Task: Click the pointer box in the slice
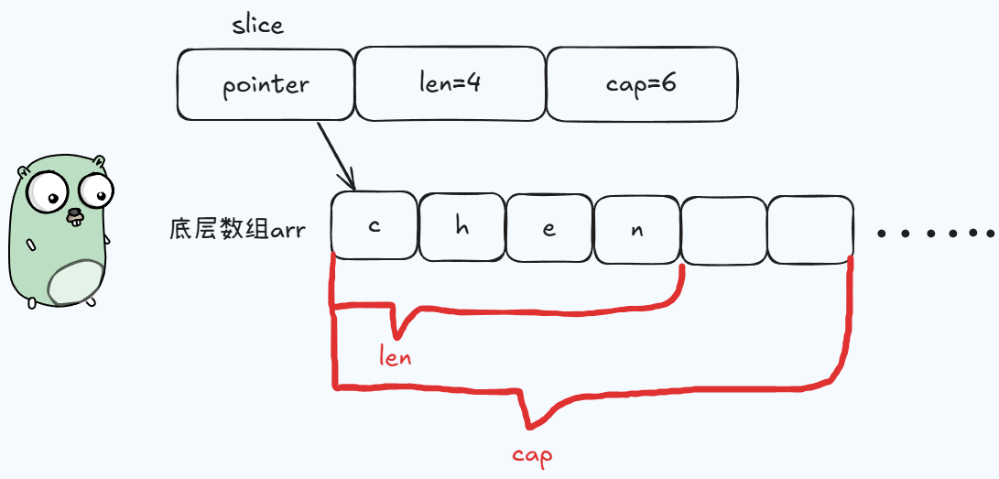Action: click(266, 85)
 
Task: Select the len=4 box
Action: click(450, 84)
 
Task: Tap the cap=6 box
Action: click(641, 84)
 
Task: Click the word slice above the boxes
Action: click(257, 25)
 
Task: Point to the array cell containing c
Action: click(374, 226)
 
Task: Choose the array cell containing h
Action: click(461, 226)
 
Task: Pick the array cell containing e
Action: click(549, 226)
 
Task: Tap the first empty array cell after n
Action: click(723, 229)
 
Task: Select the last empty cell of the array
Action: click(810, 229)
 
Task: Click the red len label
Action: click(396, 356)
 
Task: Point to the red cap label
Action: click(532, 455)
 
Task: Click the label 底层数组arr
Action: click(237, 228)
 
